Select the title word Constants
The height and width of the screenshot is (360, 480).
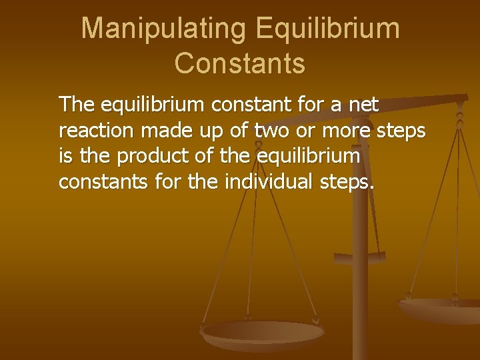point(240,63)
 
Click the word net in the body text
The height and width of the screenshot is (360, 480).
point(363,105)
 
